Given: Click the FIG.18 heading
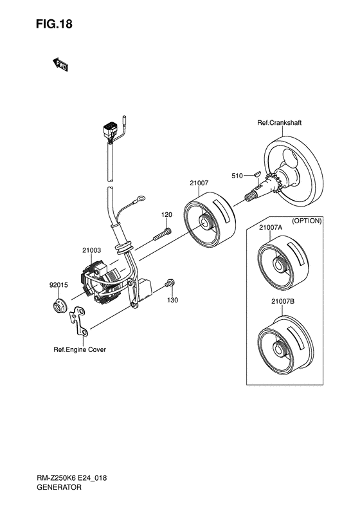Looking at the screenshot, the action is (54, 24).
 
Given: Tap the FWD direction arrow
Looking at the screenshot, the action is (60, 64).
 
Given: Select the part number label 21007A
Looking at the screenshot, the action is (271, 228).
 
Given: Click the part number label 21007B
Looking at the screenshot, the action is (283, 302).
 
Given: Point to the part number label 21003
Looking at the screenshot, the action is (91, 250).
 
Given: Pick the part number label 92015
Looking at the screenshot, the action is (59, 285).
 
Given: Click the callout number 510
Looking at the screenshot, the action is (237, 176).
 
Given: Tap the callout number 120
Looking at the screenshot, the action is (166, 214).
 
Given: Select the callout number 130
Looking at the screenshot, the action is (172, 301).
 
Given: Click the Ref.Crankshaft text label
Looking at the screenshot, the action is (279, 123).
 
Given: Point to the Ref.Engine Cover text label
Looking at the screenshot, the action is (80, 349).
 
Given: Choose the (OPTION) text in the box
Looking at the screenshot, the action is (307, 221).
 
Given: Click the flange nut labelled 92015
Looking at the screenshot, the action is (60, 306).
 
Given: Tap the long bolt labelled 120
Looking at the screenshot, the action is (162, 234).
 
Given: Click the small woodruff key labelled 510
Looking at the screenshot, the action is (256, 173).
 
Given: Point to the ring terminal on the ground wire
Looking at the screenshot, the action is (141, 198).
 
